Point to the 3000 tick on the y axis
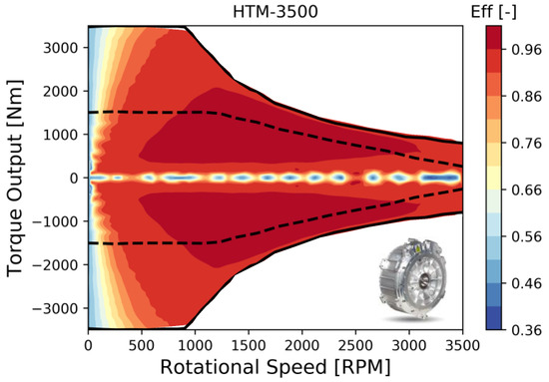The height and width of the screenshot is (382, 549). pos(65,46)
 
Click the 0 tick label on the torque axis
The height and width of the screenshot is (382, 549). pos(76,178)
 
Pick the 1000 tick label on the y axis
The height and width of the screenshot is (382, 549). pos(65,134)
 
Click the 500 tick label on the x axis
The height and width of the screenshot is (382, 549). pos(143,345)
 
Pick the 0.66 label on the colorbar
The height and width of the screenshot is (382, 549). pos(526,187)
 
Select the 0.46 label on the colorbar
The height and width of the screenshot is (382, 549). pos(526,281)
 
